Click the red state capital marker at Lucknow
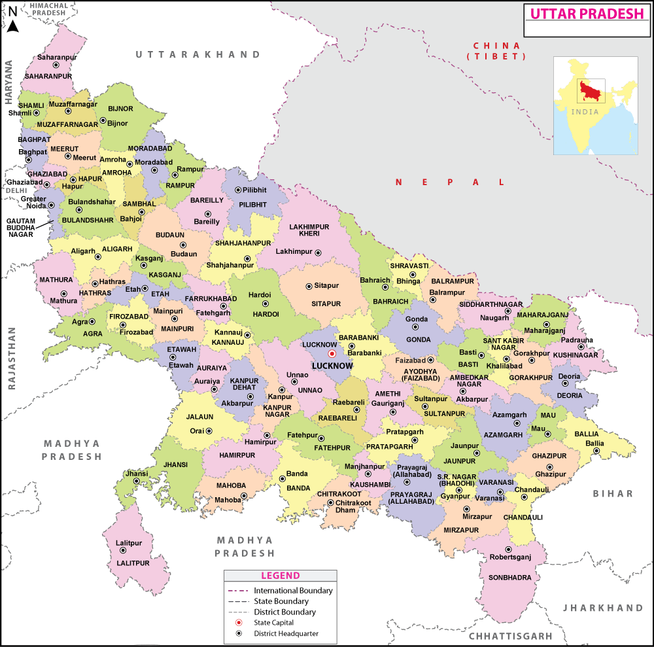332,354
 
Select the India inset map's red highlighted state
590,90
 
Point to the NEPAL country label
449,182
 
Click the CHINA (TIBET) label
497,51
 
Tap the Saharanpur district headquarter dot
56,65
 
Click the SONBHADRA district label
509,578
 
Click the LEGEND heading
280,576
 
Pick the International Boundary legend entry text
297,591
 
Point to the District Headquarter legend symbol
239,634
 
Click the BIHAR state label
613,493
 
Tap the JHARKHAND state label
603,608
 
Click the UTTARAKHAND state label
198,54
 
